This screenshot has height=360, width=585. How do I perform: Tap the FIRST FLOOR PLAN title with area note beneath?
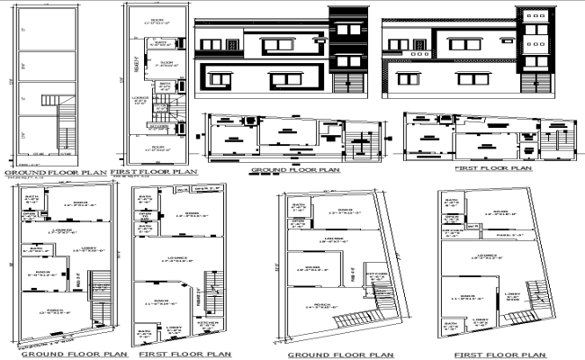(x=154, y=170)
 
